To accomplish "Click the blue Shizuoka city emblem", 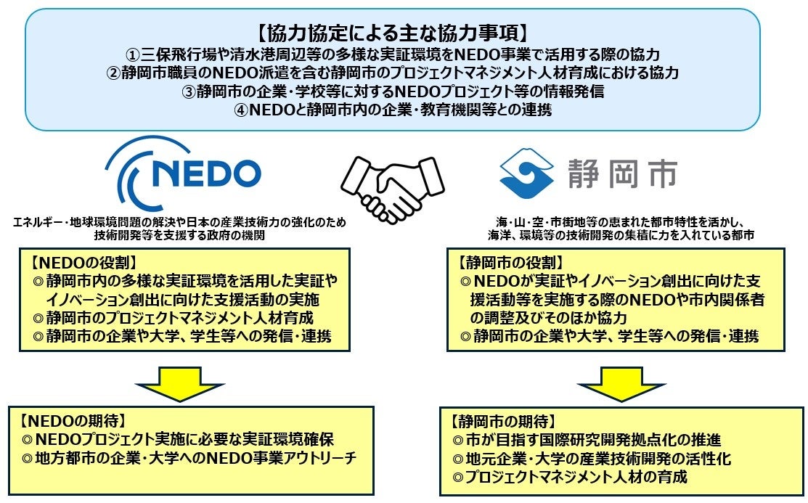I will pos(523,173).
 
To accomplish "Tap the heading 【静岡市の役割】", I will pos(506,261).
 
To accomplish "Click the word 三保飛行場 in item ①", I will pos(171,54).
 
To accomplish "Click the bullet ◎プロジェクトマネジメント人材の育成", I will pos(569,477).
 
